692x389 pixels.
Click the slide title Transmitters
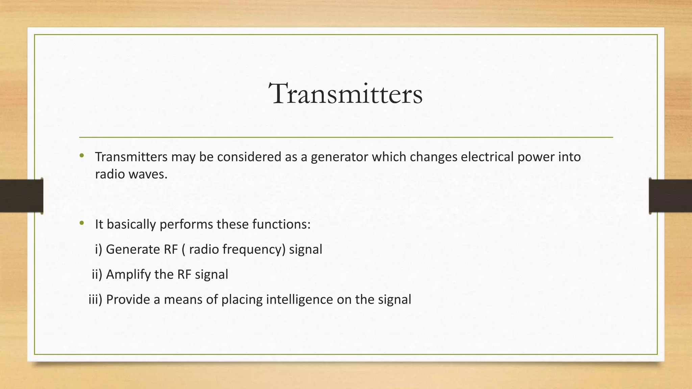coord(345,94)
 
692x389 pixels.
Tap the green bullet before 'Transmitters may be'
coord(81,156)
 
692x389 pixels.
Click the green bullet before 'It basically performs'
coord(81,223)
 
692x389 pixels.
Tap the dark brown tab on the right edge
coord(670,196)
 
